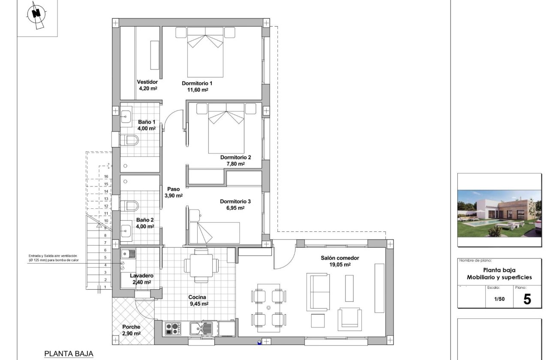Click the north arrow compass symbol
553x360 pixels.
pyautogui.click(x=37, y=15)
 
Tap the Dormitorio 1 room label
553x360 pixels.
pyautogui.click(x=197, y=83)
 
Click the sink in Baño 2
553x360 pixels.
pyautogui.click(x=126, y=230)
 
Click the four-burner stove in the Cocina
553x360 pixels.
pyautogui.click(x=173, y=329)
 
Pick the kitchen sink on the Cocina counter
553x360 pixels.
pyautogui.click(x=201, y=329)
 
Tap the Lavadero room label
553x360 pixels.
pyautogui.click(x=141, y=276)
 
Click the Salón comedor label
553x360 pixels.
pyautogui.click(x=340, y=258)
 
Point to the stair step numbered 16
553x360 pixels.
pyautogui.click(x=105, y=176)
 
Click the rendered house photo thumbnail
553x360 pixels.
pyautogui.click(x=499, y=214)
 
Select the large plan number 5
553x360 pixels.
pyautogui.click(x=527, y=299)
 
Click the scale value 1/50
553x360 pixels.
pyautogui.click(x=499, y=300)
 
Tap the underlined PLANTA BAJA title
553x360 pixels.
pyautogui.click(x=69, y=354)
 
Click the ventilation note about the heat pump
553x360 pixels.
pyautogui.click(x=53, y=258)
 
